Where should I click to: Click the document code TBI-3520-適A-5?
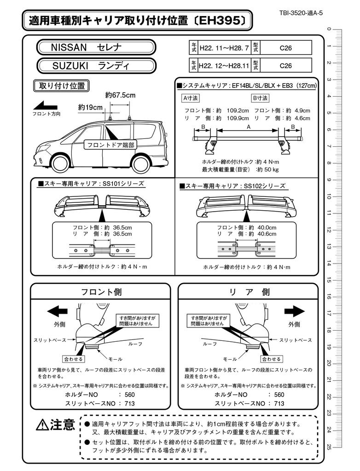click(x=301, y=13)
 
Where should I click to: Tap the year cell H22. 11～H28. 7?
click(x=224, y=47)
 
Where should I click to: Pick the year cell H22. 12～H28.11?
click(x=224, y=65)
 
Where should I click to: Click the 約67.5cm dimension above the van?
click(x=120, y=95)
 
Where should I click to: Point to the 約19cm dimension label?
click(x=90, y=107)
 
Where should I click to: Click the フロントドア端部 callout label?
click(x=110, y=145)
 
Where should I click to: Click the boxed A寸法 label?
click(x=190, y=98)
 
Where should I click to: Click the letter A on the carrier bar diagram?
click(x=249, y=126)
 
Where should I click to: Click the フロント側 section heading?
click(x=101, y=292)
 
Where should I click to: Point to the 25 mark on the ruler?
click(x=328, y=446)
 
